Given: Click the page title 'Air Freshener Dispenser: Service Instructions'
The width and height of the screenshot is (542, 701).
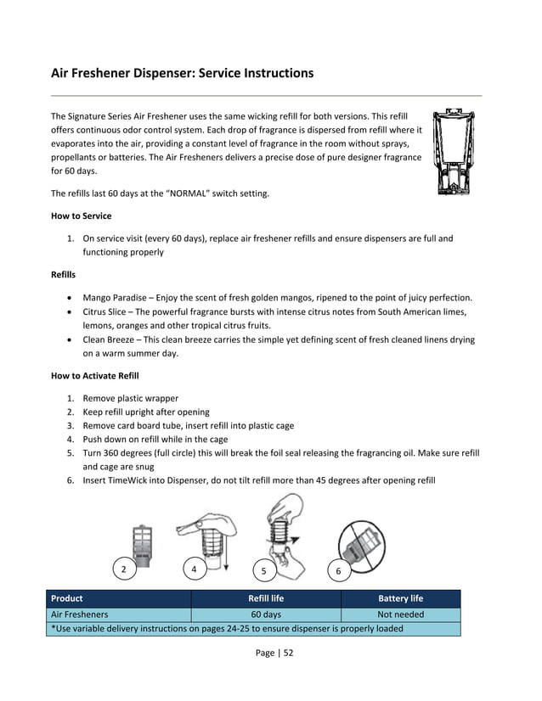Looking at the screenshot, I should (x=182, y=74).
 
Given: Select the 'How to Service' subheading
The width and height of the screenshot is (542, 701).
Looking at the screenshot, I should (x=81, y=216).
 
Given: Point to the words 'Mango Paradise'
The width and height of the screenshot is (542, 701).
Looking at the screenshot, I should (x=116, y=298).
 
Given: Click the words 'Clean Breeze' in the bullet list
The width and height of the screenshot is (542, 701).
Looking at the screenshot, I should (x=111, y=339).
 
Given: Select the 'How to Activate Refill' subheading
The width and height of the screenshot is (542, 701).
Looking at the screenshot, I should (x=94, y=375).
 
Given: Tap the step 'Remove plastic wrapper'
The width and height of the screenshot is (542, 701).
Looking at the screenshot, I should (x=130, y=398).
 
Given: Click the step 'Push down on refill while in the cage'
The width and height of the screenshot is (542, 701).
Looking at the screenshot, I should (x=155, y=440).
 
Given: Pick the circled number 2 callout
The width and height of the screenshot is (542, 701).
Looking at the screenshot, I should (x=125, y=569).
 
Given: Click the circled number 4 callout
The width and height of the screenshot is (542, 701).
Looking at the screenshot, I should (x=195, y=569).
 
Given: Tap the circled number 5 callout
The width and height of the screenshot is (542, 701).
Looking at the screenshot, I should (x=263, y=571).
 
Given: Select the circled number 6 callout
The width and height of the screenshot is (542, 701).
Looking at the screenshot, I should (x=338, y=571).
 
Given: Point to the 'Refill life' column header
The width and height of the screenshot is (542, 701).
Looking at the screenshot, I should (x=265, y=599).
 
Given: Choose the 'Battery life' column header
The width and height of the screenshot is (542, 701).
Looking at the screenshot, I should (x=400, y=599).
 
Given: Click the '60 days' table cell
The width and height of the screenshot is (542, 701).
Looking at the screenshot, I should (x=265, y=614).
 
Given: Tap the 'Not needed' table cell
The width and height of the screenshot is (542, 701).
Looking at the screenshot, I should (x=400, y=614).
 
